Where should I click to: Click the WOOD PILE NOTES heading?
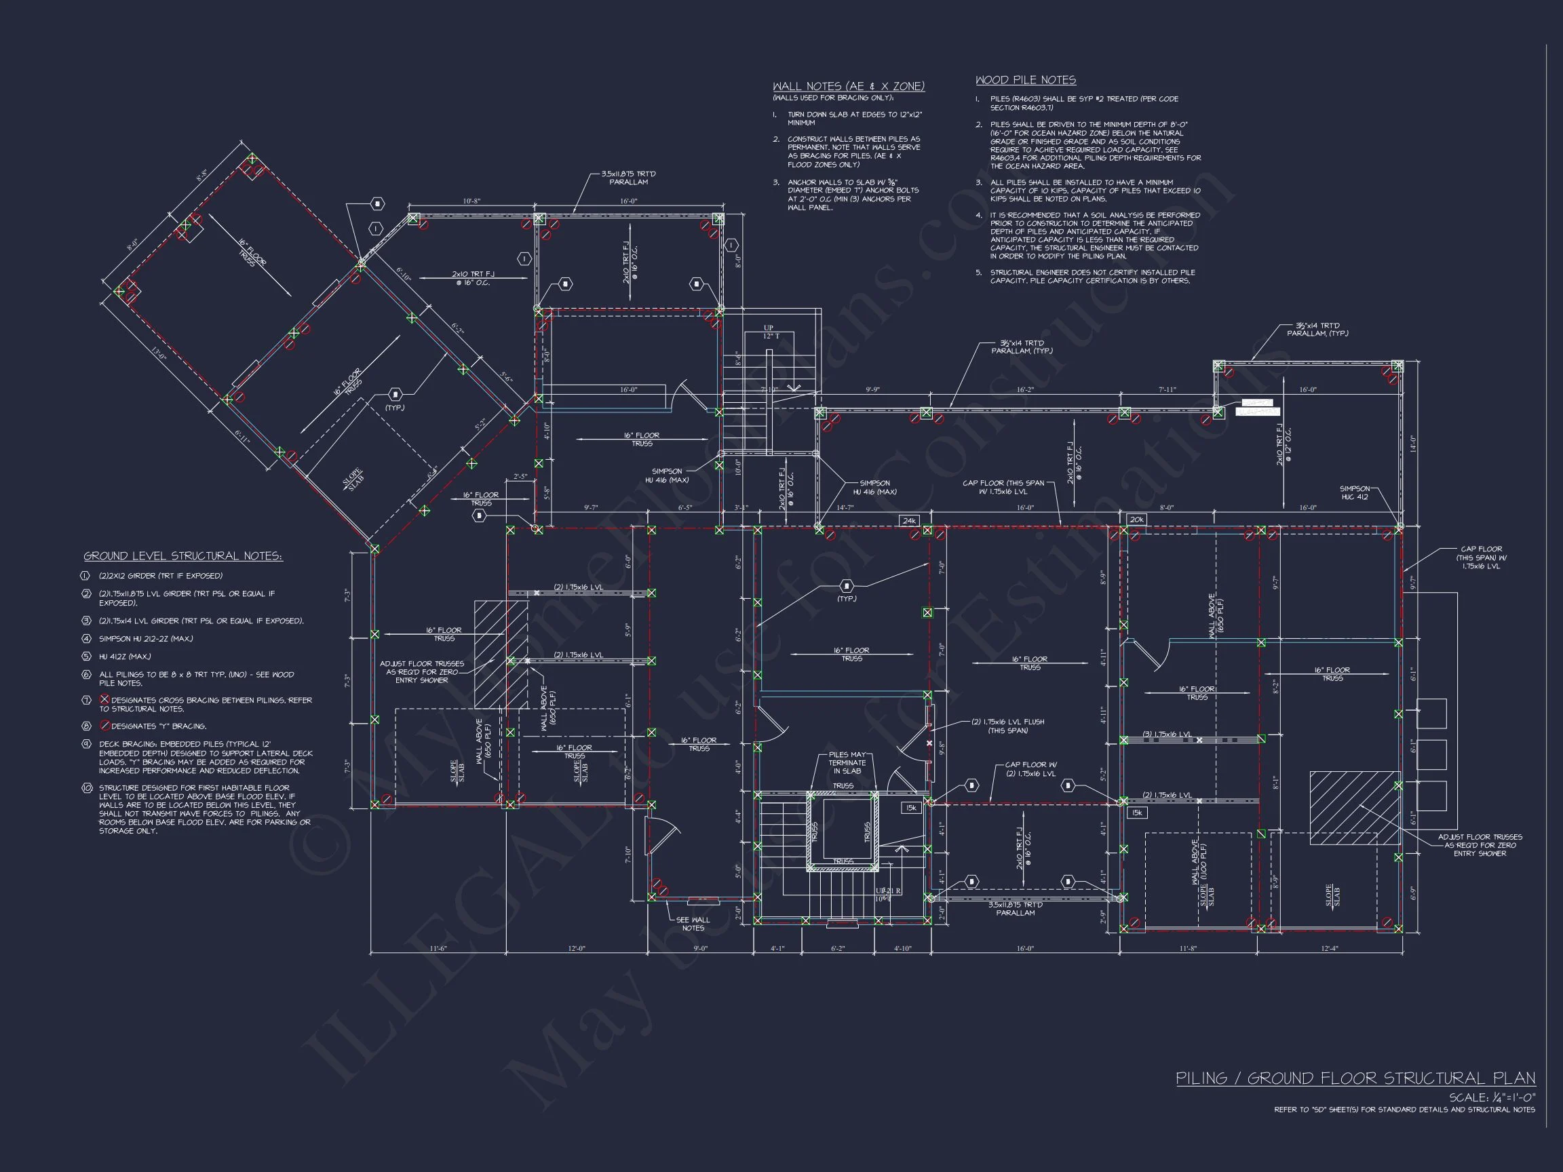point(1025,81)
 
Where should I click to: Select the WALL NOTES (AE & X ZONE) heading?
point(848,86)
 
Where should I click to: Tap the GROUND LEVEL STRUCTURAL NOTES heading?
point(183,556)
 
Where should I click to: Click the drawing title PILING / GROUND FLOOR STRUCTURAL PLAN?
point(1355,1078)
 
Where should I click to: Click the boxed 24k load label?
point(908,521)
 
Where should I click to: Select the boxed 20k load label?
point(1136,520)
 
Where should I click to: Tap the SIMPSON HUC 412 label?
point(1355,492)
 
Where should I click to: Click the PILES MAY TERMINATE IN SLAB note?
point(847,763)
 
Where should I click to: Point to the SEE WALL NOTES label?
point(693,924)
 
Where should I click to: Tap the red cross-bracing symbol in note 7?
point(104,699)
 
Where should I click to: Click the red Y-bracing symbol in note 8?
point(104,726)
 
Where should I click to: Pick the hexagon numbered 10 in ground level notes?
point(87,787)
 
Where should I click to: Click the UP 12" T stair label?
point(769,332)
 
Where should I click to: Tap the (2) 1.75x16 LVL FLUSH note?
point(997,726)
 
